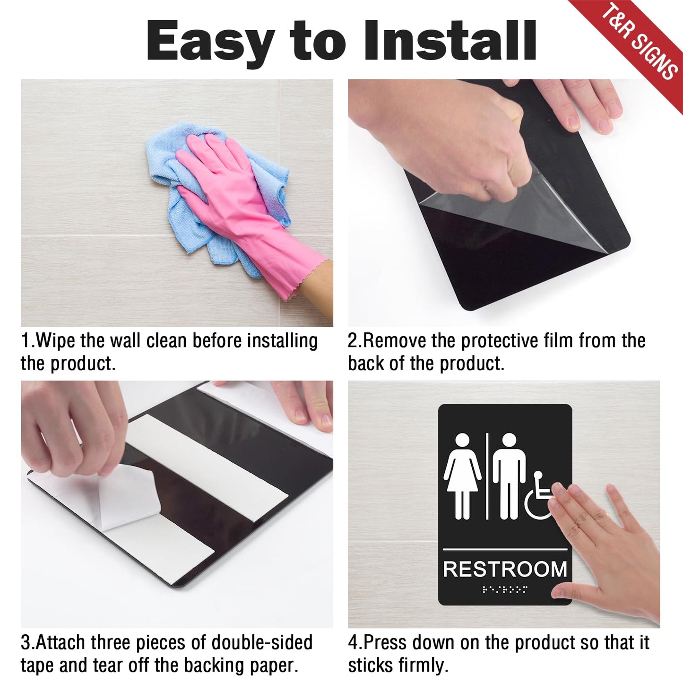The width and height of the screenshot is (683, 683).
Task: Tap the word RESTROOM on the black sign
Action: tap(505, 570)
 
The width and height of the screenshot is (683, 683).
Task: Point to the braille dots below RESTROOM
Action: tap(505, 589)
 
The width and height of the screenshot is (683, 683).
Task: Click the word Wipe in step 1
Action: tap(56, 341)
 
